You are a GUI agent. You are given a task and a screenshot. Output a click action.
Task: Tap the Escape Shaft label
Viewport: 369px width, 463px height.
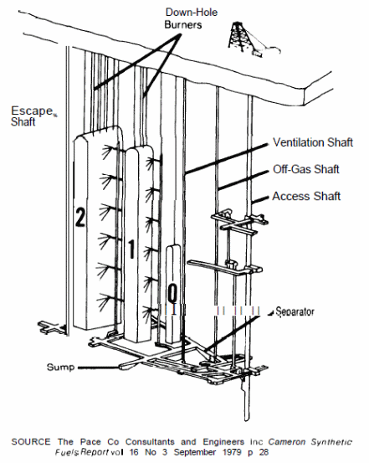tap(32, 116)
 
